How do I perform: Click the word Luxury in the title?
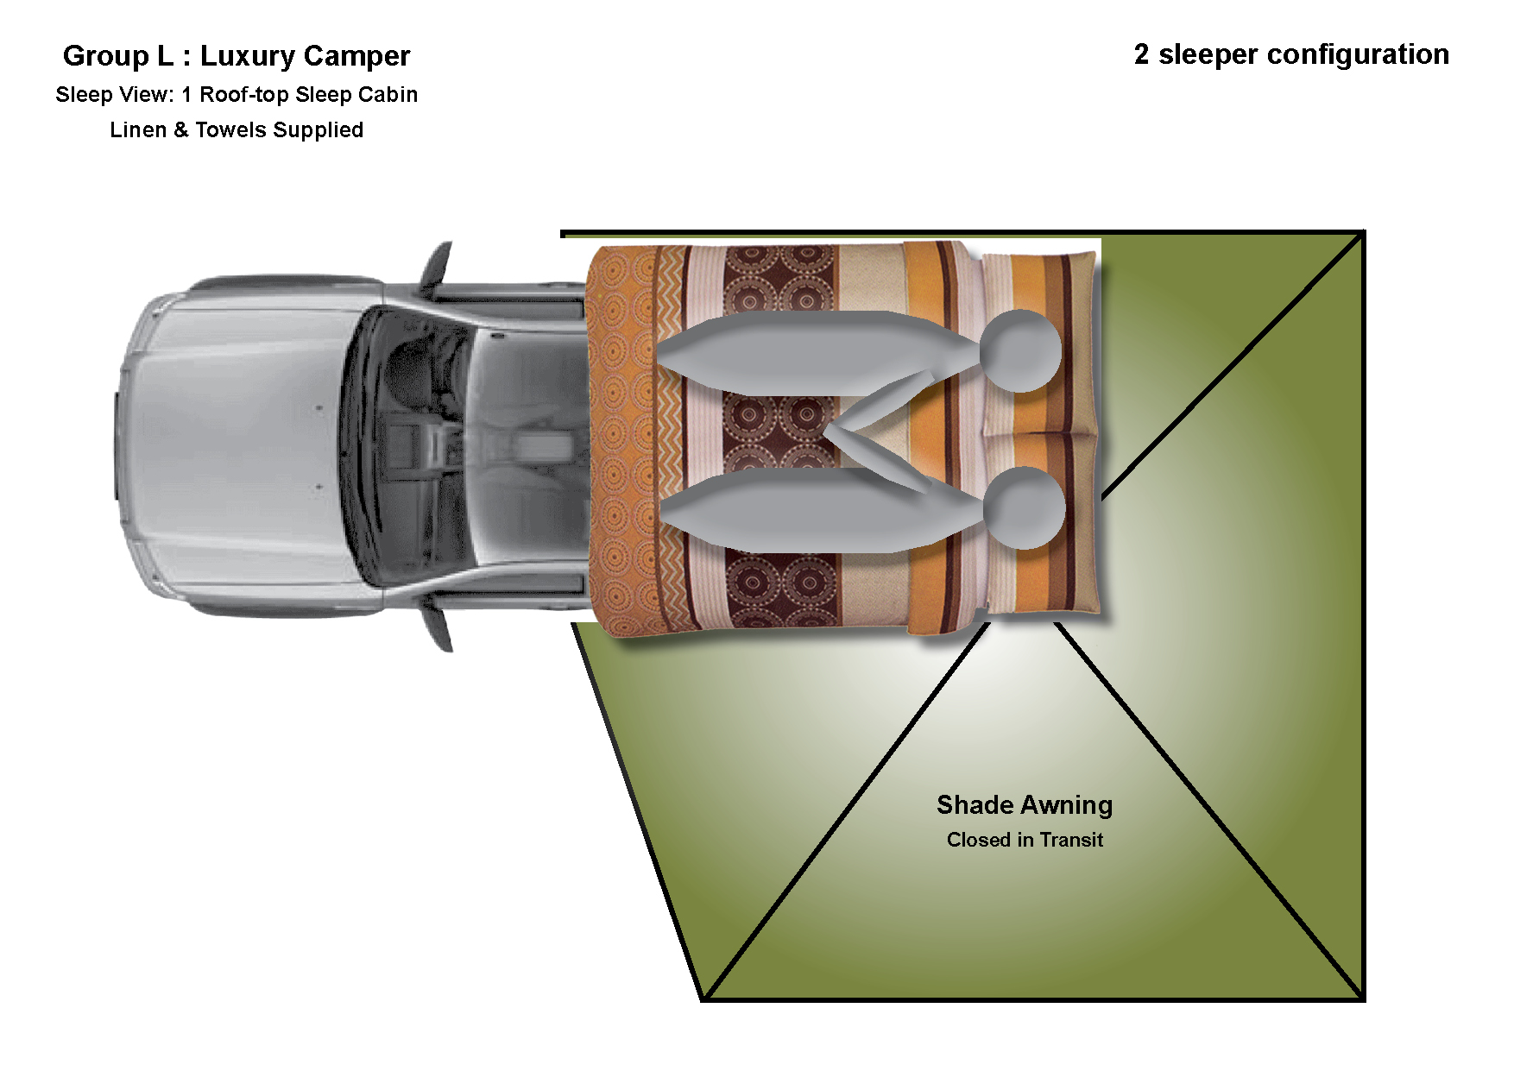tap(248, 56)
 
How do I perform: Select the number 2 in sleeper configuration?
tap(1141, 54)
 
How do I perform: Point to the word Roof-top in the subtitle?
tap(244, 94)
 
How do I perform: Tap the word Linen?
tap(138, 129)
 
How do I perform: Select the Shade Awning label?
tap(1025, 805)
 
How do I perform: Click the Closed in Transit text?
tap(1025, 840)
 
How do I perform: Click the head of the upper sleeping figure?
tap(1020, 350)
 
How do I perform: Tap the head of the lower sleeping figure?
tap(1024, 507)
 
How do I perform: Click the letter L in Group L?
tap(165, 56)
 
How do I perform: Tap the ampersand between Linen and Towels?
tap(180, 129)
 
